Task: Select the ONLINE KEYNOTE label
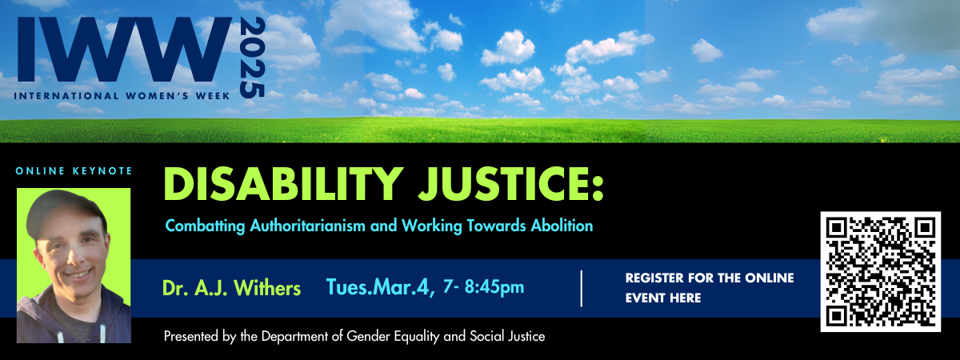click(74, 170)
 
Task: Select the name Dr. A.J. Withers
click(231, 287)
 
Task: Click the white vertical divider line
click(582, 288)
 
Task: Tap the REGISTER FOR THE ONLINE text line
click(709, 278)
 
